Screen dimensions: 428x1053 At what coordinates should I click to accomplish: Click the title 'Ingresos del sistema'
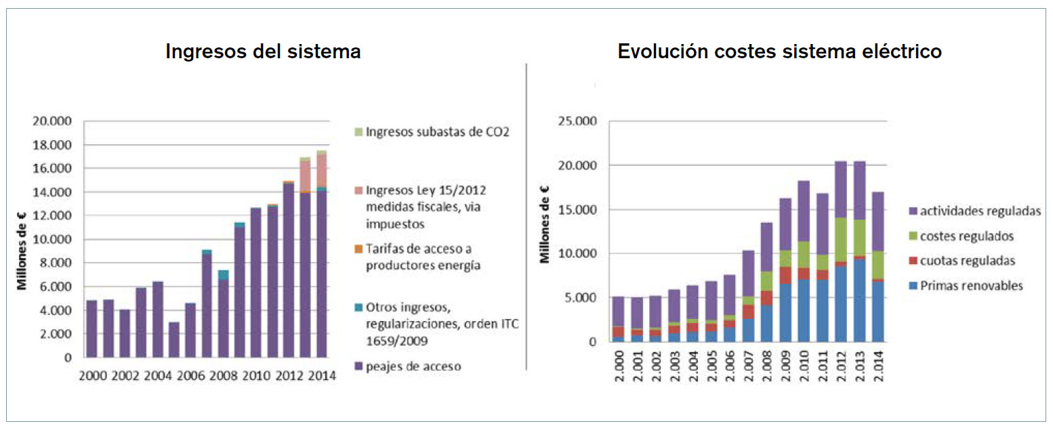pos(263,51)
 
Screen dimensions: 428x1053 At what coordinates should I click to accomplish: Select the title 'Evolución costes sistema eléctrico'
pos(779,51)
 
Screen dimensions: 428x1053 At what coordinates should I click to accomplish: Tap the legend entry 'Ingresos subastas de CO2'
pos(437,131)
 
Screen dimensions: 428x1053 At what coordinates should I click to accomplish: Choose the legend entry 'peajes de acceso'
pos(413,366)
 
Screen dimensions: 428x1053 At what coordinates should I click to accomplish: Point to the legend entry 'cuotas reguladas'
pos(972,261)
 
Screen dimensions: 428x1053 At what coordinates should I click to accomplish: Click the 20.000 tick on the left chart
pos(53,122)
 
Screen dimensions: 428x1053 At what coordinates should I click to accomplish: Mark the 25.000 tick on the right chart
pos(576,122)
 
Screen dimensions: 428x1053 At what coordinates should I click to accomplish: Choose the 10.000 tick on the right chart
pos(576,254)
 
